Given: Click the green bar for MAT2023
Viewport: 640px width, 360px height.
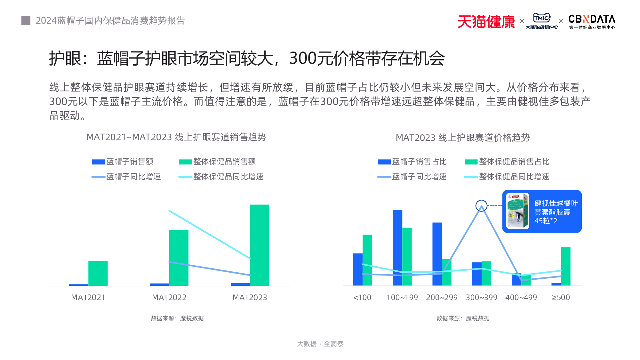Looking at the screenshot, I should [x=260, y=245].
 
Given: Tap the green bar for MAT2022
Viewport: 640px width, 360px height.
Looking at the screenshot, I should [x=179, y=258].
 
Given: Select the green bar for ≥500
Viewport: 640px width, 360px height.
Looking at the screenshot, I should [x=565, y=266].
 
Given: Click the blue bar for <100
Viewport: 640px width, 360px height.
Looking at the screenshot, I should [x=358, y=269].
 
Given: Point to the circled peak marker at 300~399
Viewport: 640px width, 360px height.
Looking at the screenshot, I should [x=481, y=205].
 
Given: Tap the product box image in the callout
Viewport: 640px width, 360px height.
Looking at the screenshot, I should [x=517, y=211].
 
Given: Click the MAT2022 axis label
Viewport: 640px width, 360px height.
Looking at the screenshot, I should [x=169, y=297].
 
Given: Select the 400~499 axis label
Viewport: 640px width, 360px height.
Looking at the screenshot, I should [x=521, y=297].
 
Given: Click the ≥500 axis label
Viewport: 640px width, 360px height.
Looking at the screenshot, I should [x=561, y=297].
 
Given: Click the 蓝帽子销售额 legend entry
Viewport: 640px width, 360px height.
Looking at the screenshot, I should [x=123, y=162].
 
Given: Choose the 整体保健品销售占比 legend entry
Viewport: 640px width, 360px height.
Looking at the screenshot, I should [x=507, y=162].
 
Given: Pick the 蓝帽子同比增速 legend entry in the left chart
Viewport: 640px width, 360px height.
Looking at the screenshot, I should [x=126, y=177].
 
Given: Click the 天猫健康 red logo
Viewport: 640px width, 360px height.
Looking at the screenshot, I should [x=486, y=22].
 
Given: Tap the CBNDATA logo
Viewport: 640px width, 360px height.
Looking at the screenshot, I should [x=592, y=22].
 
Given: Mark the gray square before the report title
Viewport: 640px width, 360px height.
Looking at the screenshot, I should [x=26, y=20].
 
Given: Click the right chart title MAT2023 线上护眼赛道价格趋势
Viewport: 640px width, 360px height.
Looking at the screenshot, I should [x=463, y=138].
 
